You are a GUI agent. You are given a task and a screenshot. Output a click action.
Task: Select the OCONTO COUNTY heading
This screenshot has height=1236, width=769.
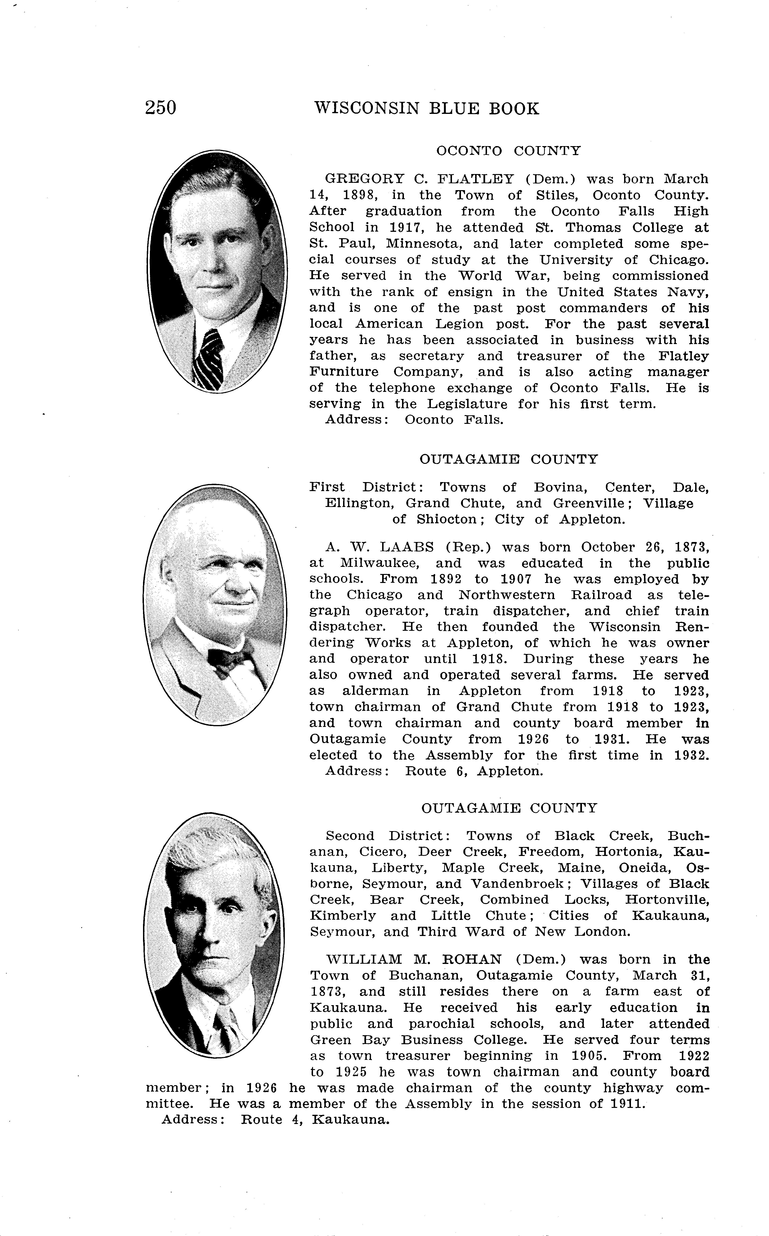pyautogui.click(x=508, y=151)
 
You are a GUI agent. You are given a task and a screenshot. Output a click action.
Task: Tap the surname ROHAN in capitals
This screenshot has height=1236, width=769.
pyautogui.click(x=473, y=959)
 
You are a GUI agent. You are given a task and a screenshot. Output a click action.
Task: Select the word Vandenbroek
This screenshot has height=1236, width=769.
pyautogui.click(x=521, y=883)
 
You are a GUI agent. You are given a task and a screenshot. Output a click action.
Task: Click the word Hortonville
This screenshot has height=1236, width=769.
pyautogui.click(x=667, y=900)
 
